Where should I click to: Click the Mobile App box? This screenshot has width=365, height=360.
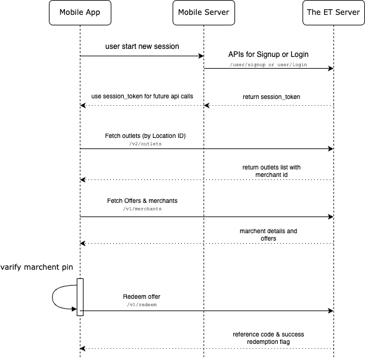(80, 12)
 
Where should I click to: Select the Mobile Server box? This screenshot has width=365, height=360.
(204, 12)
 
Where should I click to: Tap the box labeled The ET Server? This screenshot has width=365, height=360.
(333, 12)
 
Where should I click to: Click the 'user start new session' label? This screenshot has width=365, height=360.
(142, 47)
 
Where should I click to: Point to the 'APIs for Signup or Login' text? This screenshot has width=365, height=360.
(268, 54)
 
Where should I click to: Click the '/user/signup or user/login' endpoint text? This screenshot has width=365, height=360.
(268, 64)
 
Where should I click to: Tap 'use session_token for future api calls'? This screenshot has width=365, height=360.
(142, 97)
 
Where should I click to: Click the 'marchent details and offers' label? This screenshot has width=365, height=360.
(268, 234)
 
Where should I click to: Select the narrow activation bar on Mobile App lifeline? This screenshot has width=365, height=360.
(80, 297)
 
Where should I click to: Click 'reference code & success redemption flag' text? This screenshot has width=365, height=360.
(268, 338)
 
